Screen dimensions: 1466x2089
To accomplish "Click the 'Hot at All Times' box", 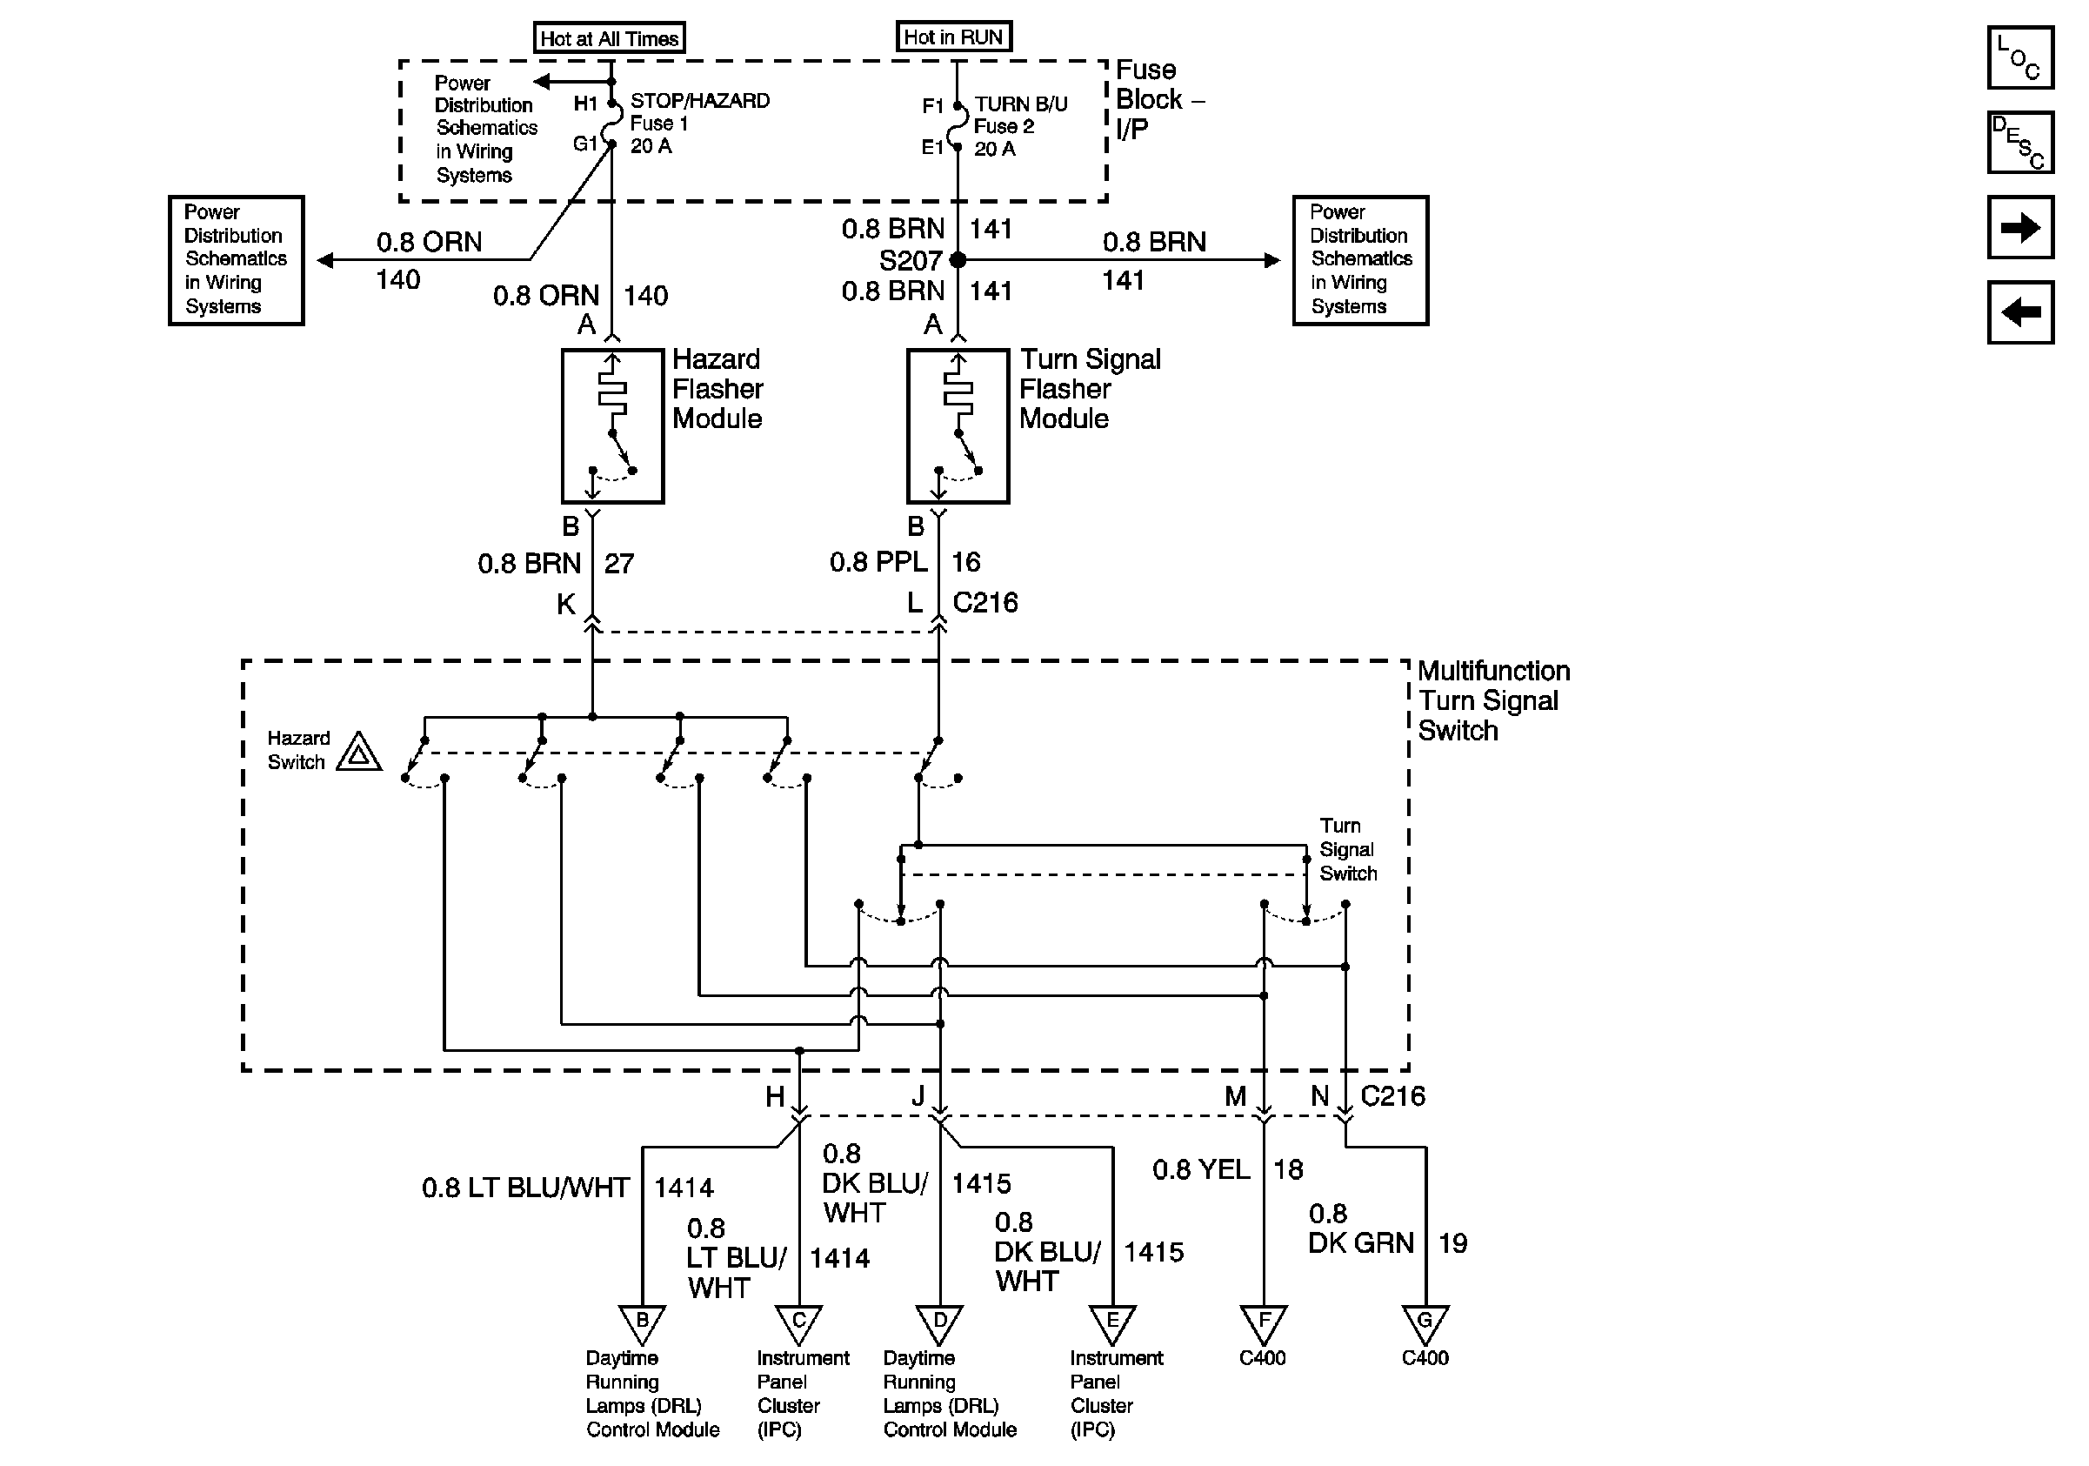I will point(609,38).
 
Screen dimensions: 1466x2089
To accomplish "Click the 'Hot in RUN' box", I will point(952,37).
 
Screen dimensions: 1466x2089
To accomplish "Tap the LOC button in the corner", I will point(2019,57).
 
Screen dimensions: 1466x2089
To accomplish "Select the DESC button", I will point(2019,142).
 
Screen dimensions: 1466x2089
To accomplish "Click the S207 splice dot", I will point(958,260).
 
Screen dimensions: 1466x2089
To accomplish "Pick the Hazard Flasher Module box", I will point(612,425).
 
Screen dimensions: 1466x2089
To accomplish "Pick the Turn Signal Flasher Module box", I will point(958,425).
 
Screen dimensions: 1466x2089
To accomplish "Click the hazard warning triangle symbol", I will point(358,753).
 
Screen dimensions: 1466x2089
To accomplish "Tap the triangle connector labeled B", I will point(643,1322).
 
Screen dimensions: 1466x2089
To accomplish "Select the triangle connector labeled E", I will point(1112,1322).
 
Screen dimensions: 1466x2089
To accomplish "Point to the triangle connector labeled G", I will point(1425,1322).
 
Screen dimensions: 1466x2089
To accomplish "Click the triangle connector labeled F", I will point(1264,1322).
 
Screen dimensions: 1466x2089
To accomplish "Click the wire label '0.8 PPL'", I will point(878,562).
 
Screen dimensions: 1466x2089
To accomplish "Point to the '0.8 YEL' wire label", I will point(1200,1169).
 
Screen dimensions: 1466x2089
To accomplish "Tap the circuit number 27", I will point(618,564).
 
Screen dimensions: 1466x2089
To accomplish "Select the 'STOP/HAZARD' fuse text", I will point(700,101).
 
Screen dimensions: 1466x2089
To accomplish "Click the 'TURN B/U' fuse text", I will point(1021,104).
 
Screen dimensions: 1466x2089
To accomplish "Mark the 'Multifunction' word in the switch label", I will point(1493,672).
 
